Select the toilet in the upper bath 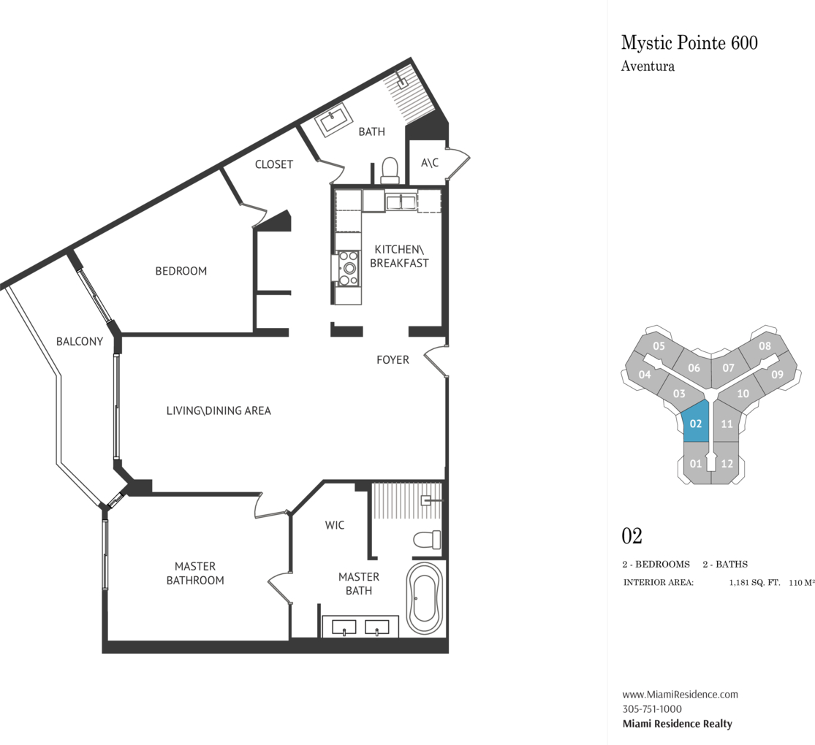(390, 171)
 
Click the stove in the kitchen (348, 269)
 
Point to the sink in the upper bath (334, 121)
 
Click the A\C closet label (429, 163)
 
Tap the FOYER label (393, 359)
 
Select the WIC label (335, 525)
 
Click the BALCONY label (80, 341)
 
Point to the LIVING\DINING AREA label (219, 410)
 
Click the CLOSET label (274, 164)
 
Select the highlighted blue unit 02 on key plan (695, 422)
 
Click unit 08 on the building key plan (764, 346)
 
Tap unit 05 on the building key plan (659, 346)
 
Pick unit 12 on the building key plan (727, 463)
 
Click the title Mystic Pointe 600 (689, 42)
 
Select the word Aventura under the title (648, 66)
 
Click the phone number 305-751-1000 (652, 708)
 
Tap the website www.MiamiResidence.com (680, 694)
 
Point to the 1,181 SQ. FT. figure (754, 582)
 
